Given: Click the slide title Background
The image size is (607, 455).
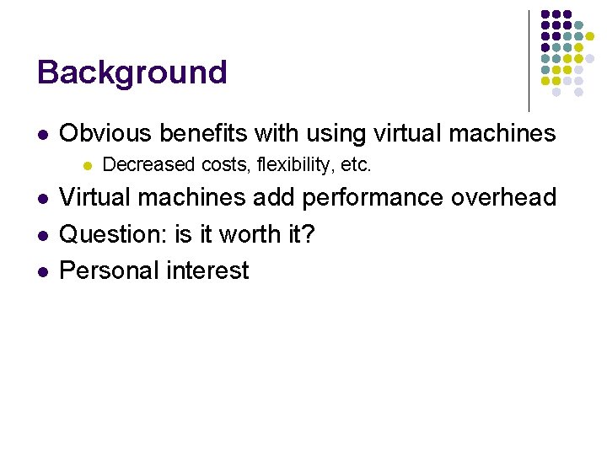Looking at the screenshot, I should pos(132,72).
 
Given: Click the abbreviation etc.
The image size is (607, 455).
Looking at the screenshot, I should pos(353,165).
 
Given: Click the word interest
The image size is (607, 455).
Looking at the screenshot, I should pos(210,270).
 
